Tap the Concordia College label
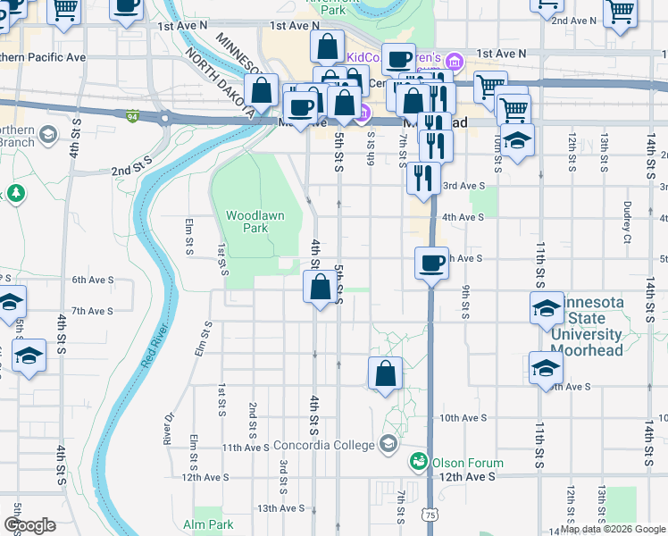point(332,445)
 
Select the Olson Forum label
point(467,463)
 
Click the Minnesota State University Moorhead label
point(586,327)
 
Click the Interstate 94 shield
point(132,116)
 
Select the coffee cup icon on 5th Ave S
point(432,263)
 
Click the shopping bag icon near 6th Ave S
point(321,288)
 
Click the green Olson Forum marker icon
point(418,462)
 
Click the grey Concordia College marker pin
point(388,443)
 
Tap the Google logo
point(30,525)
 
